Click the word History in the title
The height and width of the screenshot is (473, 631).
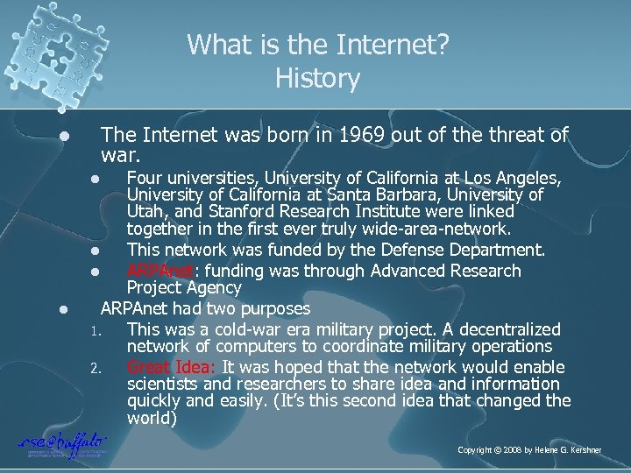(317, 79)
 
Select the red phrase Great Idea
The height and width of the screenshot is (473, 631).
(173, 366)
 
